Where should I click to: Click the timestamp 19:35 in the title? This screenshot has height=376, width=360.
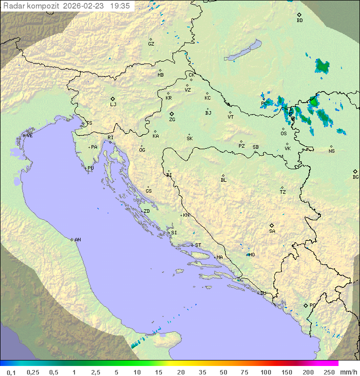coord(119,6)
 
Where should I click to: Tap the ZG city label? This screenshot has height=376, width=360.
coord(172,120)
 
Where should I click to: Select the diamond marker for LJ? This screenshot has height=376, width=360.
coord(113,99)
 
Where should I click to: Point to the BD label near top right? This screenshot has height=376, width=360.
coord(299,21)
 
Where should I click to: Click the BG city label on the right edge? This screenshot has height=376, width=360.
coord(355,177)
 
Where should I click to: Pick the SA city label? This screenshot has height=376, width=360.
coord(272,231)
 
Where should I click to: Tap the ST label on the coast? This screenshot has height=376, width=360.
coord(198,245)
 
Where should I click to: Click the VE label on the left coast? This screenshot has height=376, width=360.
coord(29,136)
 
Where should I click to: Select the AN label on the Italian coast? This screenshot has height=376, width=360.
coord(77,240)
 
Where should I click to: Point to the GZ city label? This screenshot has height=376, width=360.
coord(151,44)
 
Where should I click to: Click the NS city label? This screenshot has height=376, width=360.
coord(331,151)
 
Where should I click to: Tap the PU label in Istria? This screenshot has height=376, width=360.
coord(90,168)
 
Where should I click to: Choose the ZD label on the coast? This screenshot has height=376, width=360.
coord(146,211)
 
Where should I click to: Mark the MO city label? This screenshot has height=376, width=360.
coord(251,255)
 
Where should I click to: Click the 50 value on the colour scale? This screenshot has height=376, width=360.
coord(222,372)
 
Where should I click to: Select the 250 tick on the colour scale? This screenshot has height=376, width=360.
coord(328,372)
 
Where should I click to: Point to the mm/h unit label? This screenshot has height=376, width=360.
coord(347,372)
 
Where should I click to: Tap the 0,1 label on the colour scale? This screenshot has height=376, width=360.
coord(11,372)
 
